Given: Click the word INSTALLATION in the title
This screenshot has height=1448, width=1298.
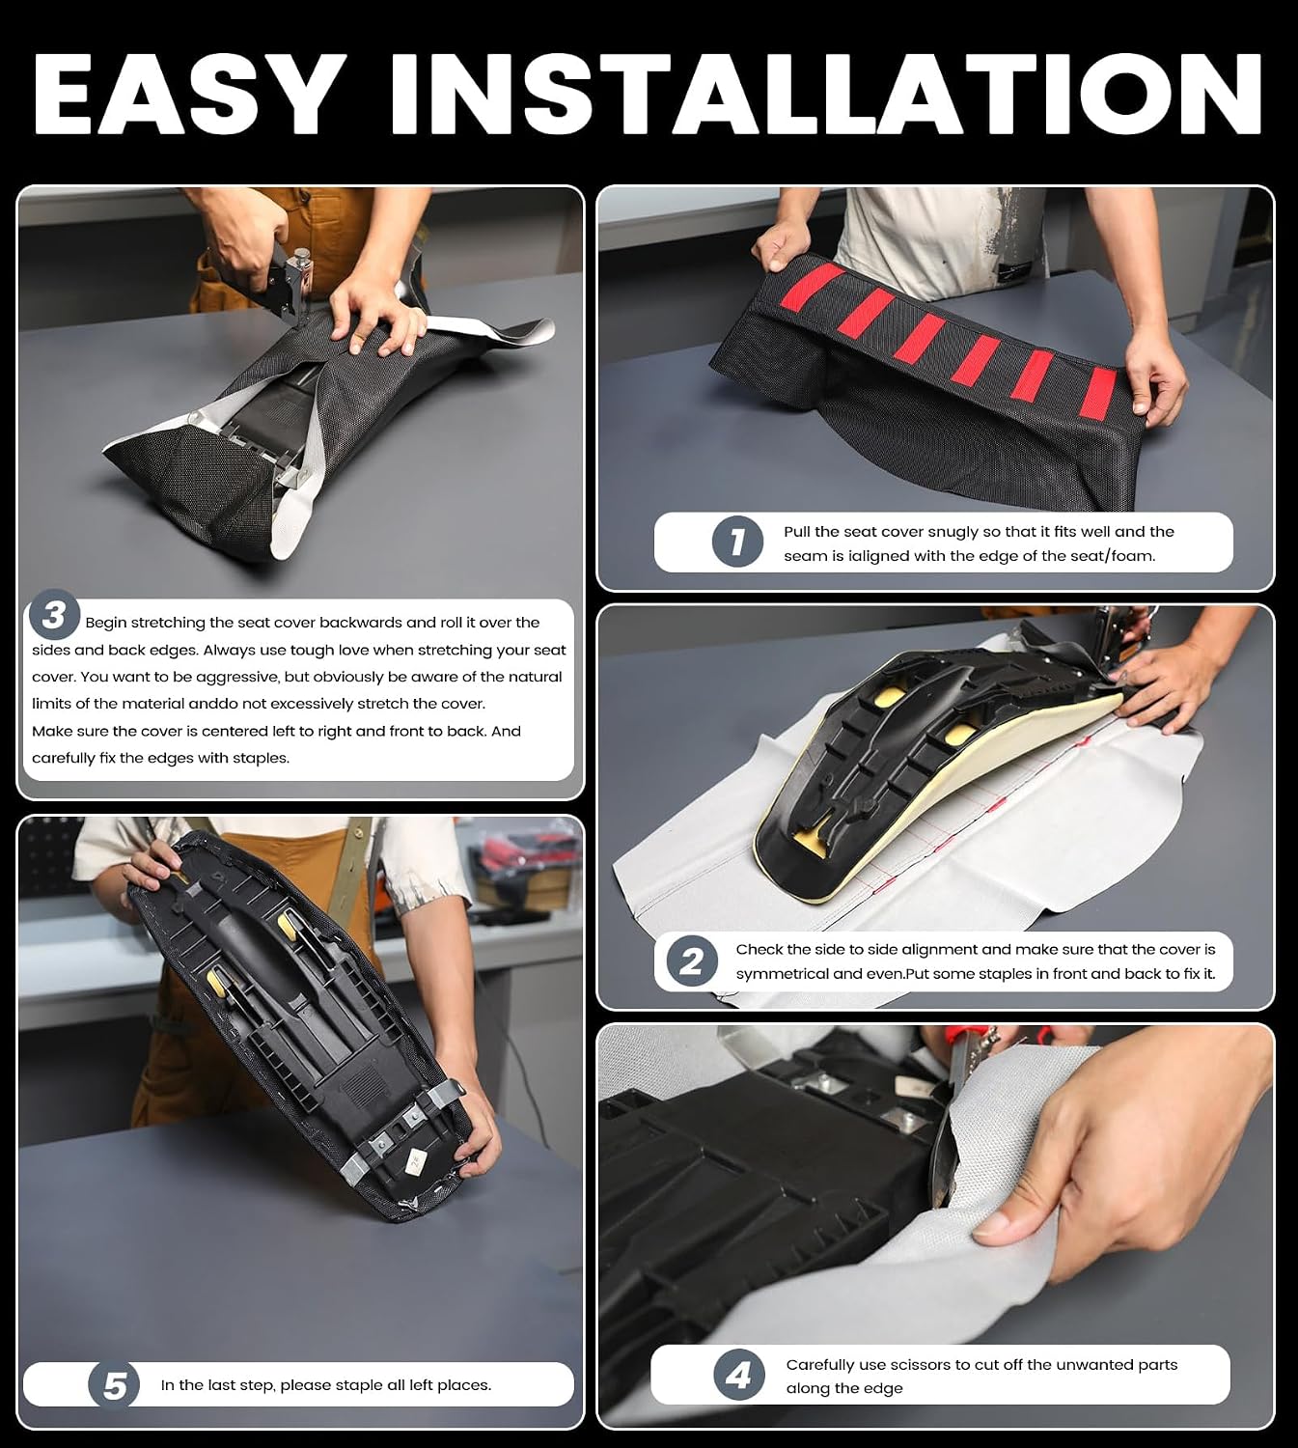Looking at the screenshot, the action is tap(825, 94).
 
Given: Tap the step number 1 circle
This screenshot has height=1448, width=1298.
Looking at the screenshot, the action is tap(737, 542).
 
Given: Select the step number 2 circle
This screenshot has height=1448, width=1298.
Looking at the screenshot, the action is tap(691, 961).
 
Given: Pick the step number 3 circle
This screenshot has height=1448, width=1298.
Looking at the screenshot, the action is tap(54, 615).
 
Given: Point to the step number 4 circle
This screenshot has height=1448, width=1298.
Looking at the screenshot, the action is tap(738, 1375).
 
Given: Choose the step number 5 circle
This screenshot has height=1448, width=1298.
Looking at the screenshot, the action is tap(114, 1385).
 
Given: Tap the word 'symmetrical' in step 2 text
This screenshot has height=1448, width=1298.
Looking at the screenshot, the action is tap(780, 974).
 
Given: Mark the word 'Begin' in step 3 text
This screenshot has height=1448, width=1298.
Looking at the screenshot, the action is tap(106, 624).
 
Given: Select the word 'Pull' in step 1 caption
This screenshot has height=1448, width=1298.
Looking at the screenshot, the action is tap(797, 532).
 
